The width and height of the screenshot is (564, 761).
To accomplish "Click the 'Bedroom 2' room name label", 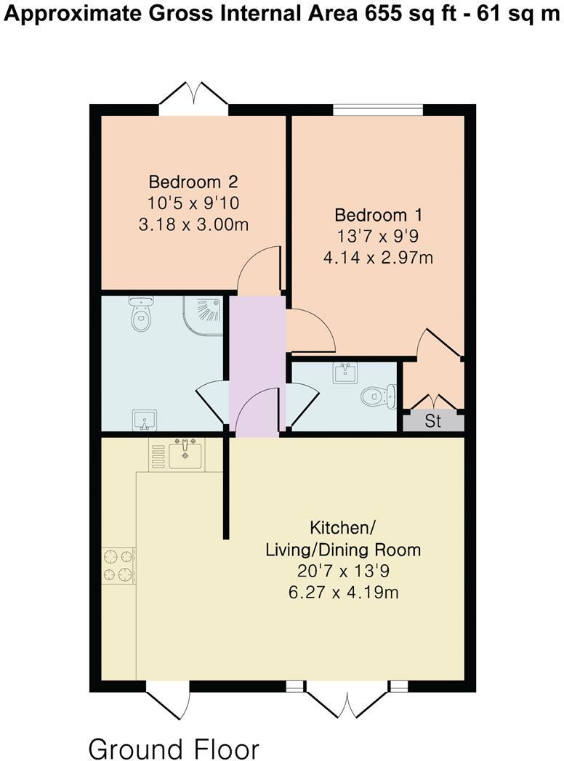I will point(193,182).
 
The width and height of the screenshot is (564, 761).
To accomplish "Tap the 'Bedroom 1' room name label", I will point(378,216).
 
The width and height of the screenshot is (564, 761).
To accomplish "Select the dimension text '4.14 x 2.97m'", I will point(378,256).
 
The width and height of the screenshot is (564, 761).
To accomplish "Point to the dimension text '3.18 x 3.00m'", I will point(193,224).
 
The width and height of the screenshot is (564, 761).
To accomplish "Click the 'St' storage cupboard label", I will point(433,422).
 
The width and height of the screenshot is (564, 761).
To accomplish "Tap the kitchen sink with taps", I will point(185,455).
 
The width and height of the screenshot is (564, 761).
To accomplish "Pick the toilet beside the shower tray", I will point(140,314).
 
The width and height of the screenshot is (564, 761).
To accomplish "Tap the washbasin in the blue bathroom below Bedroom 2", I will point(144,420).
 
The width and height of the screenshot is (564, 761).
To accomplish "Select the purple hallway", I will point(257,363).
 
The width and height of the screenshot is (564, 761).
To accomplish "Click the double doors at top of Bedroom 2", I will point(193,98).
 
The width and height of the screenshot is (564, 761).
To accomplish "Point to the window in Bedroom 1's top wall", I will point(378,110).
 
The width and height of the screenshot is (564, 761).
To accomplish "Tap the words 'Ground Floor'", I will point(173,747).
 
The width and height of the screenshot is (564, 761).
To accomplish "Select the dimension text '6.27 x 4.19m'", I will point(343,593).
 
